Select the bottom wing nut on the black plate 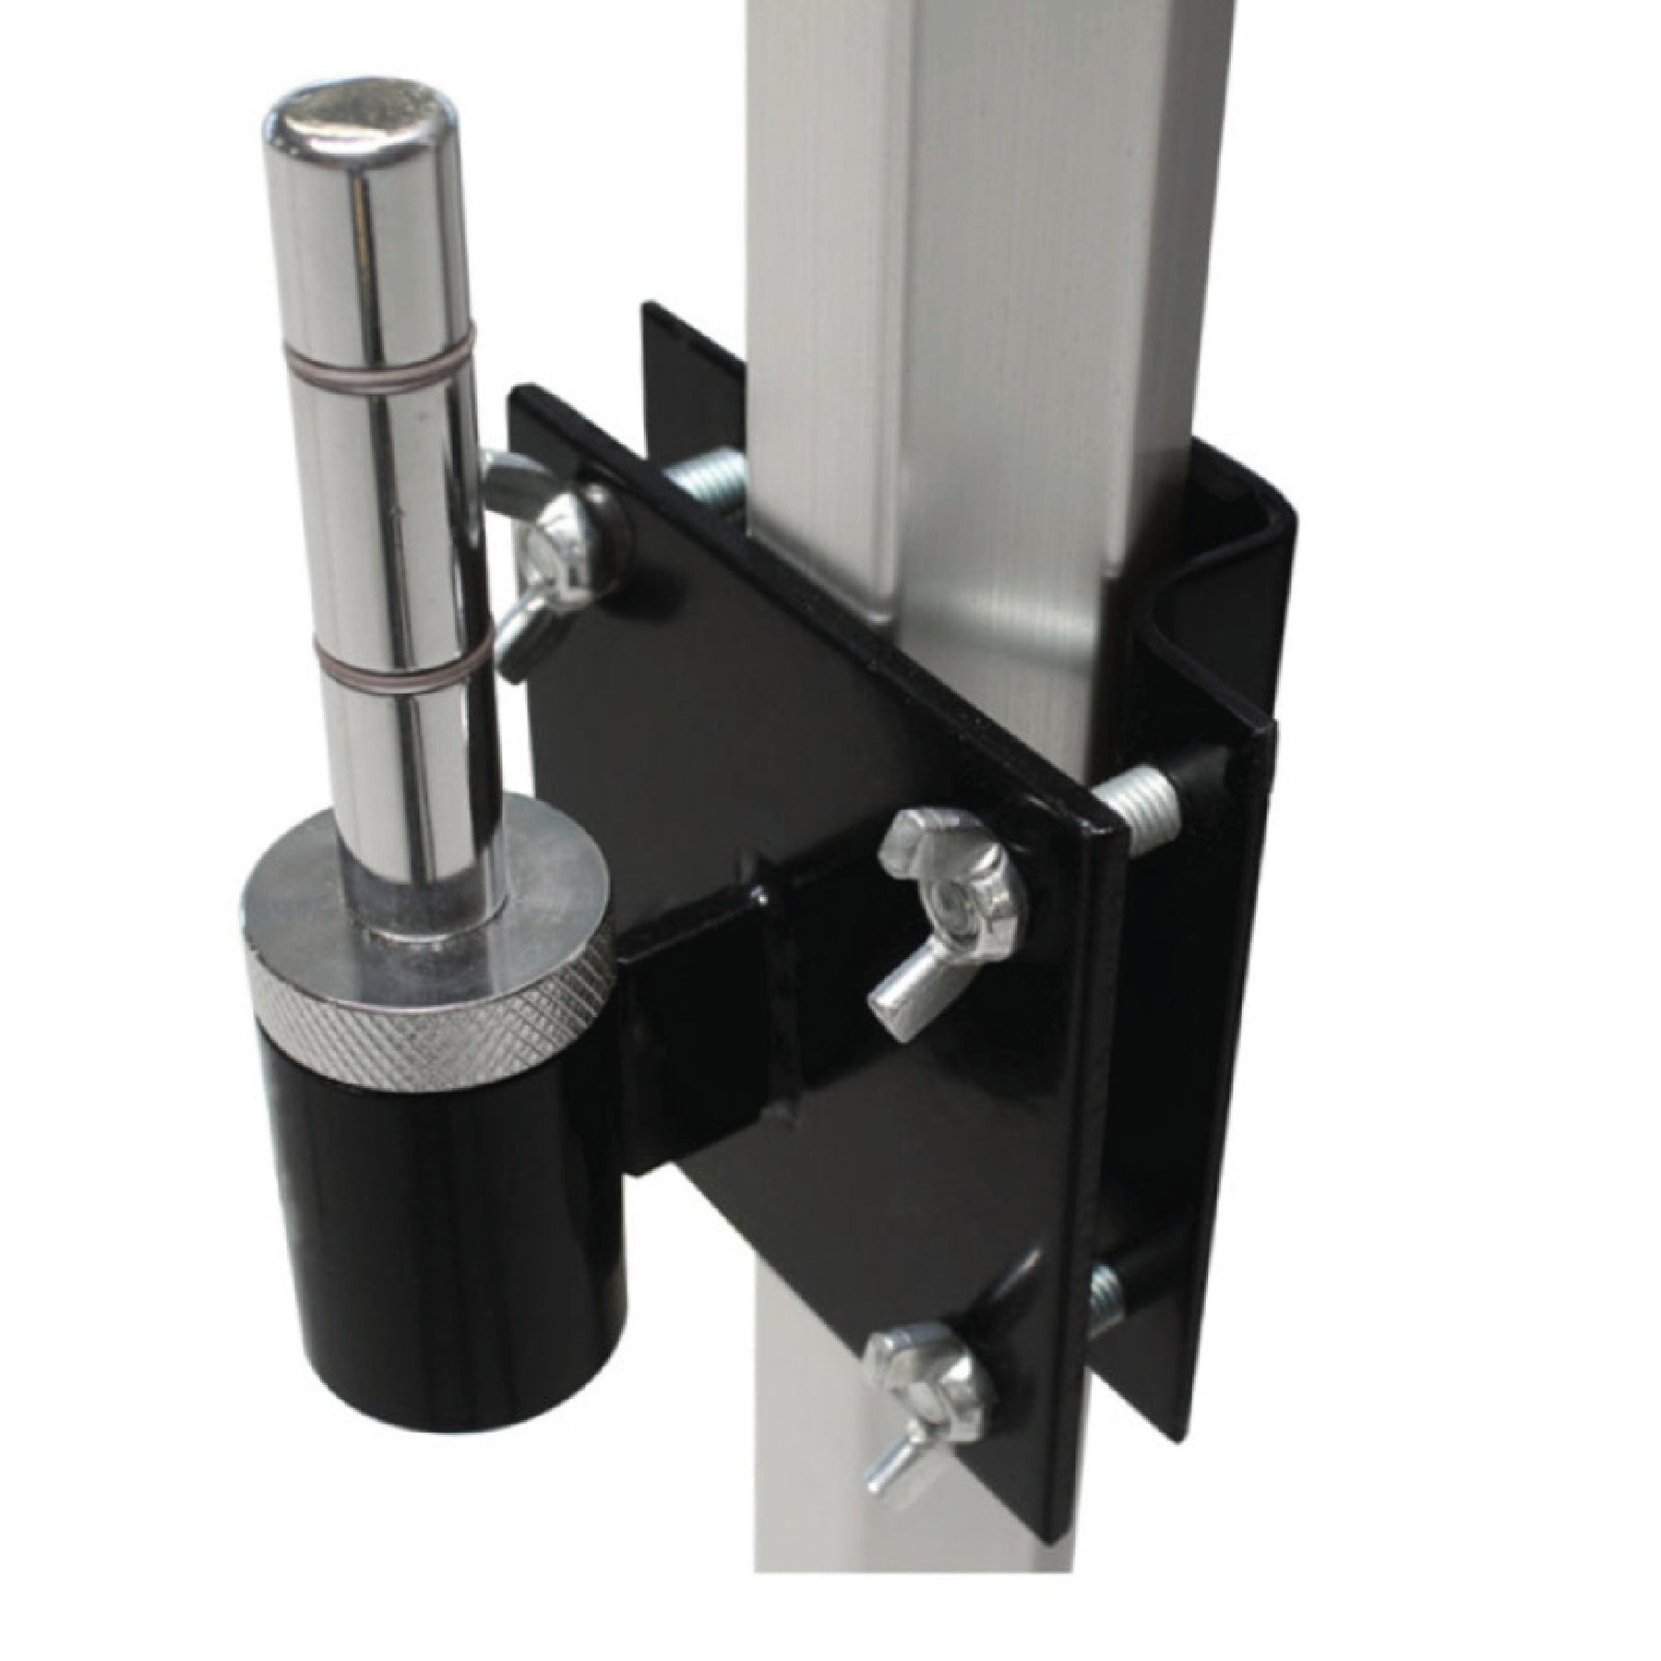pyautogui.click(x=923, y=1384)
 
